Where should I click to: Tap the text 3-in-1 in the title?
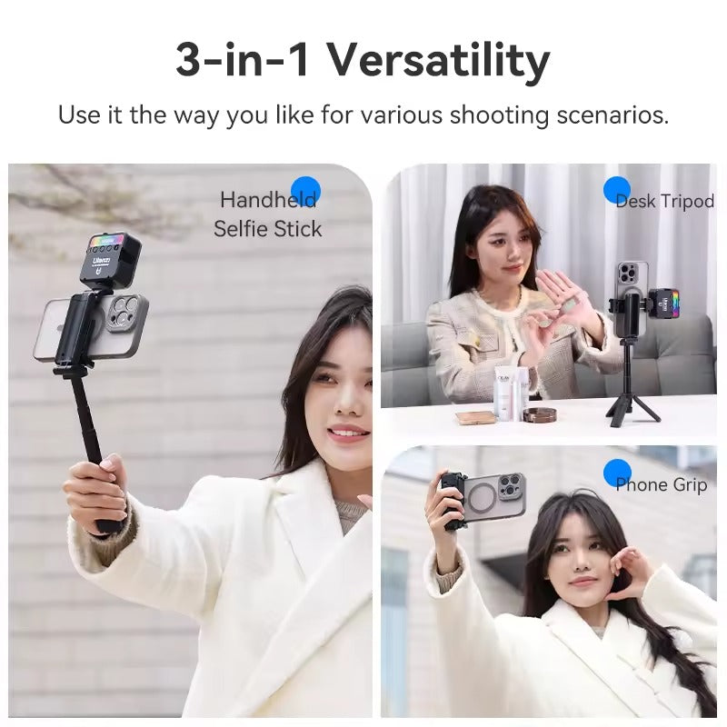coord(242,60)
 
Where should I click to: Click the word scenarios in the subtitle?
coord(612,115)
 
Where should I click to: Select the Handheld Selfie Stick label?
coord(268,214)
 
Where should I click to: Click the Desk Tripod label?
coord(665,201)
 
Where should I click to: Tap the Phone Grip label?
coord(662,484)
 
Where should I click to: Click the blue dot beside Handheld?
coord(305,192)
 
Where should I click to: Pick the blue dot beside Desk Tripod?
coord(617,190)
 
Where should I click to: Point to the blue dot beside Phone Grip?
coord(617,473)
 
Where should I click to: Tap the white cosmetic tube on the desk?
coord(506,393)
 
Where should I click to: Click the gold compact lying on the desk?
coord(475,418)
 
